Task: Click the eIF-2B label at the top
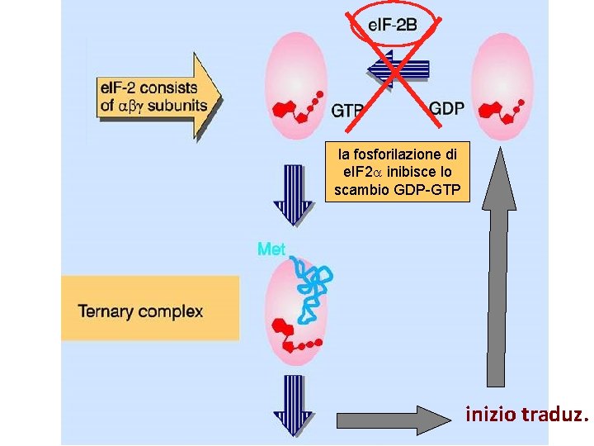click(392, 26)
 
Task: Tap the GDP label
click(446, 108)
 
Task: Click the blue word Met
click(271, 248)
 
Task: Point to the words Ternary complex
click(140, 311)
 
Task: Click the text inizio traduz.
click(526, 415)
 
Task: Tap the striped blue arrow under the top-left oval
click(292, 194)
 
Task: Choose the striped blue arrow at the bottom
click(292, 405)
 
